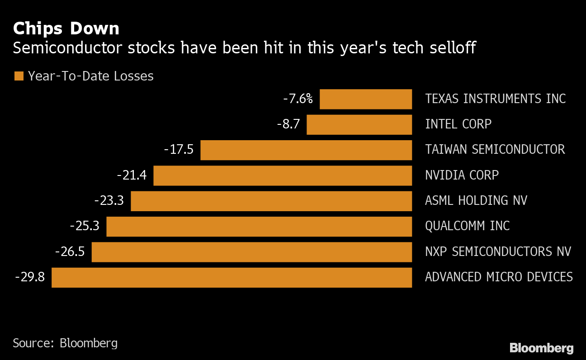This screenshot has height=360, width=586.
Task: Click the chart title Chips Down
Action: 66,29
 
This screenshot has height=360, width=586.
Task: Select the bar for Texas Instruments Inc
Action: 365,99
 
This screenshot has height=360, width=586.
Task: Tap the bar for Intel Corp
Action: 359,124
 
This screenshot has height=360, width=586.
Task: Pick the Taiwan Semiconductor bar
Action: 306,150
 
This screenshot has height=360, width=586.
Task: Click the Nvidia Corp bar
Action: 283,175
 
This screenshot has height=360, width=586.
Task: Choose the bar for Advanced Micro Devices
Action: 232,277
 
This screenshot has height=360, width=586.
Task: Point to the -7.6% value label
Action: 298,99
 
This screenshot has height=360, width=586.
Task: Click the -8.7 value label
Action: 288,124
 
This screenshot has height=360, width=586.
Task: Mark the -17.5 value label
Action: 179,150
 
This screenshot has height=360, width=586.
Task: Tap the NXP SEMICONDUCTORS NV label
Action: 498,251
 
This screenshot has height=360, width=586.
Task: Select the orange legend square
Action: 19,76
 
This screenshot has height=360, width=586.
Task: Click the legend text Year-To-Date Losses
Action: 90,76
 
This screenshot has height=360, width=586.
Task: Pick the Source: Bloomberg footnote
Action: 65,343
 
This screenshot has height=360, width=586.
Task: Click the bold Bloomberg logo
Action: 541,348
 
